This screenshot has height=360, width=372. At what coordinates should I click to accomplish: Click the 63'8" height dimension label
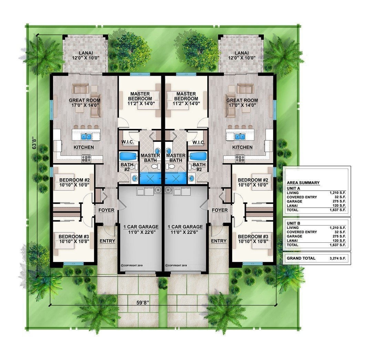coord(35,142)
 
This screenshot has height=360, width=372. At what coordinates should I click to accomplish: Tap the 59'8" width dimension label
coord(142,302)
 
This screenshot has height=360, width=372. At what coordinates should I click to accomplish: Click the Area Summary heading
coord(303,183)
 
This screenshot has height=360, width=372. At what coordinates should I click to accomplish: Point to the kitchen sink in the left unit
coord(86,137)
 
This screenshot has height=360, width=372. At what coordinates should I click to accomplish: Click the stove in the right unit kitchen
coord(240,158)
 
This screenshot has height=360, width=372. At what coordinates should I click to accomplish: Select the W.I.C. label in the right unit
coord(199,142)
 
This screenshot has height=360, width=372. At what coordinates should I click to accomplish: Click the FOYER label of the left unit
coord(106,210)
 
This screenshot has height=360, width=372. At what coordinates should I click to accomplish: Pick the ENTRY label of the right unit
coord(218,241)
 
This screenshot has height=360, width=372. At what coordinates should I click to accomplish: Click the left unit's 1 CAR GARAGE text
coord(141,227)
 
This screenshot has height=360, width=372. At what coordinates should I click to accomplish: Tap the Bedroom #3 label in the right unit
coord(253,237)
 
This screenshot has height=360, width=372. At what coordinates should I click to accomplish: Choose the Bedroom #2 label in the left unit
coord(74,180)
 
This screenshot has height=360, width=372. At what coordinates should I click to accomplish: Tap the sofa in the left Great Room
coord(81,88)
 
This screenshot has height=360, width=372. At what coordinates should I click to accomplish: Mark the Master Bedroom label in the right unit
coord(186,96)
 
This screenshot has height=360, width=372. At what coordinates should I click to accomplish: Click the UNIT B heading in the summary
coord(293,223)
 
